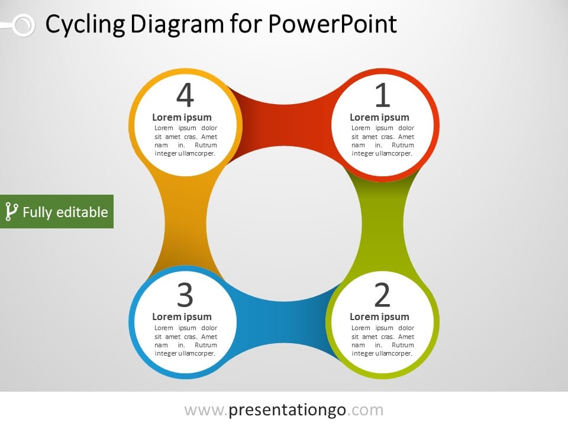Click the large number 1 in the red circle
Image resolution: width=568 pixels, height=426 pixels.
[383, 95]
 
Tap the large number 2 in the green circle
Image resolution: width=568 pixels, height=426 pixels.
[383, 295]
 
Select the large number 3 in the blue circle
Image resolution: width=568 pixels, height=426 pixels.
[185, 295]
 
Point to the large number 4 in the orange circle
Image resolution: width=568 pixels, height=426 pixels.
[185, 95]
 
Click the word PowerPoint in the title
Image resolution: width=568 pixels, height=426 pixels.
[333, 24]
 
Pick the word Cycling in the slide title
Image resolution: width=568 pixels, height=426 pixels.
[85, 25]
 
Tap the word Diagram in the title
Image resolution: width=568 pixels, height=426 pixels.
[177, 25]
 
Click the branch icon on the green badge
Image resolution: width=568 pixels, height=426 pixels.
[11, 212]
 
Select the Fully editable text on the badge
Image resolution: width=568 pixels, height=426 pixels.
[65, 212]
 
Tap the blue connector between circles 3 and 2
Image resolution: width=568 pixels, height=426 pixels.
[285, 322]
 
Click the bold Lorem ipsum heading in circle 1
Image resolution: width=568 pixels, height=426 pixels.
[379, 117]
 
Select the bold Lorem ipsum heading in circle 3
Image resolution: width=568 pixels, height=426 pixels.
[182, 317]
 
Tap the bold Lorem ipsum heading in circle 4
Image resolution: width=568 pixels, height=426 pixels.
[182, 117]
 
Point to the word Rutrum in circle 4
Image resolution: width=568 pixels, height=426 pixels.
[206, 145]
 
